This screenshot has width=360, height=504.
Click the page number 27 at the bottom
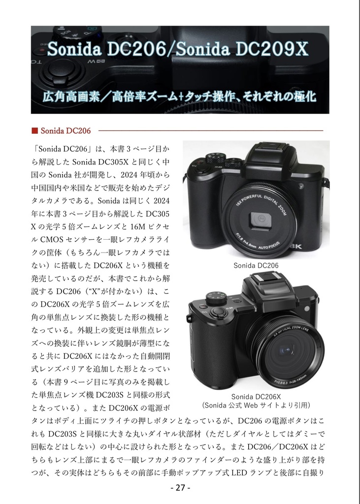[x=179, y=488]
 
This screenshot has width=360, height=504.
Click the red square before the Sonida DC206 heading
[x=34, y=130]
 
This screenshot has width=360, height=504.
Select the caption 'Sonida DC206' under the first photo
[x=256, y=265]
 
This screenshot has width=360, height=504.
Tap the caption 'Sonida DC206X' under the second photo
[x=256, y=397]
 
